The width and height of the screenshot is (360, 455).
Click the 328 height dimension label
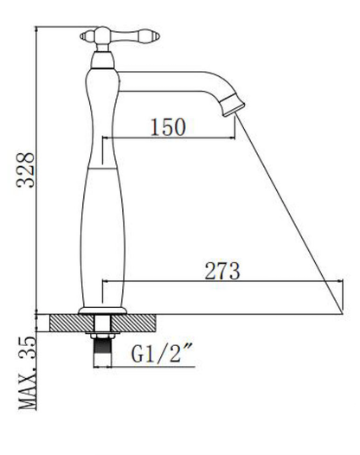25,170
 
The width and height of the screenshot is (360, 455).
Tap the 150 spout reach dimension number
169,127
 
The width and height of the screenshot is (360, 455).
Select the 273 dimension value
222,271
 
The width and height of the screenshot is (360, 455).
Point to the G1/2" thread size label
163,353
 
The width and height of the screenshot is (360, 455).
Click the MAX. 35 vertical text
28,373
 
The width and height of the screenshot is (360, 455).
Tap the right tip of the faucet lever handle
158,37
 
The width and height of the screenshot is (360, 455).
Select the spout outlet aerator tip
233,105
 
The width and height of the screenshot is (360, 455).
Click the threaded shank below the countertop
102,352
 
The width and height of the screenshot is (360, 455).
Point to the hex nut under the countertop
102,336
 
